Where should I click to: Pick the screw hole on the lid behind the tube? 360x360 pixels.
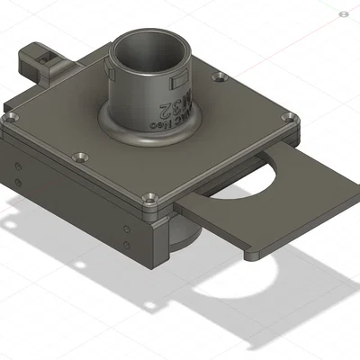(x=217, y=77)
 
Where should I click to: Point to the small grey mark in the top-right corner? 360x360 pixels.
(x=345, y=15)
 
